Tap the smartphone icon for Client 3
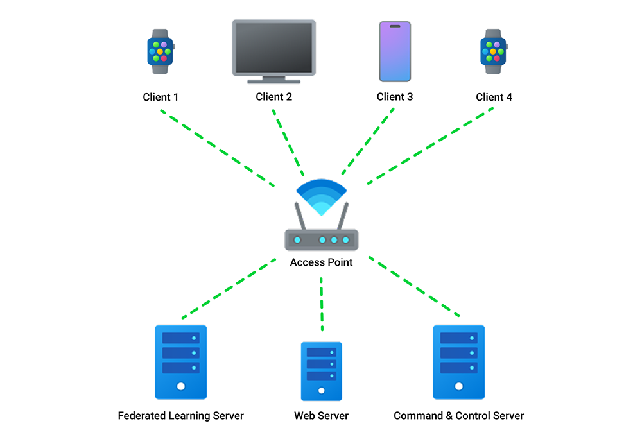coord(395,51)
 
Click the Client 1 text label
coord(160,98)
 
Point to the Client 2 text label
coord(273,98)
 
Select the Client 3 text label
coord(395,98)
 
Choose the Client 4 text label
coord(494,98)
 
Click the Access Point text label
coord(321,262)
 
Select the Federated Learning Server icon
coord(180,362)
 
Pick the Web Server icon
coord(321,371)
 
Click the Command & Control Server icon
coord(458,362)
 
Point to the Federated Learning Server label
coord(180,416)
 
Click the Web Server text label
coord(321,416)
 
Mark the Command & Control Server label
coord(458,416)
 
